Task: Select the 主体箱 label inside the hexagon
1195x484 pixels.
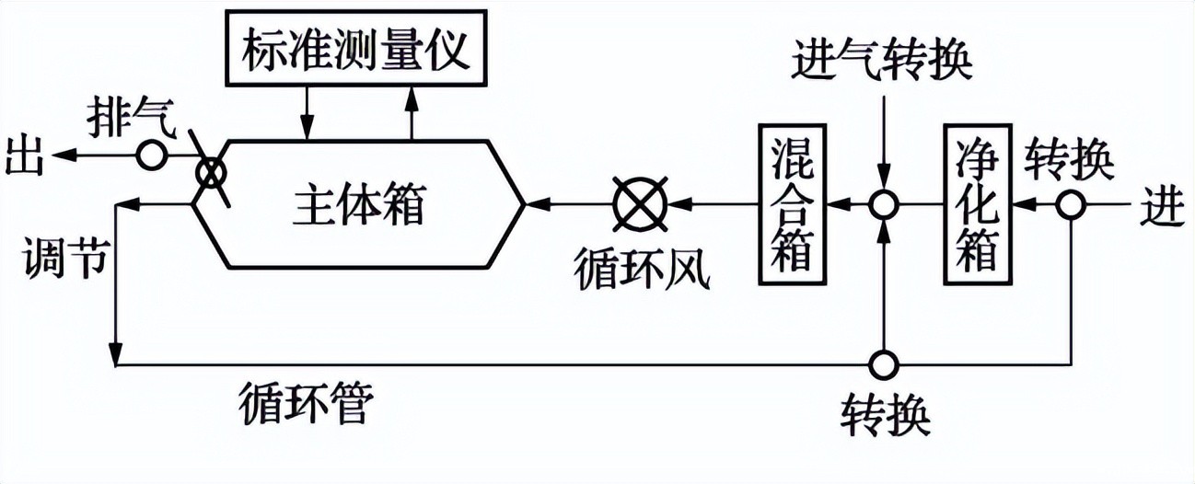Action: pos(360,203)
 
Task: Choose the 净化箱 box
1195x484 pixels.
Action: pos(978,202)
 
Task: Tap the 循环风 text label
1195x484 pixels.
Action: pos(642,269)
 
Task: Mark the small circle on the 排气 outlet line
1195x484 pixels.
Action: pos(151,156)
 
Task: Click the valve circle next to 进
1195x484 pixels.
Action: pos(1070,203)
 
